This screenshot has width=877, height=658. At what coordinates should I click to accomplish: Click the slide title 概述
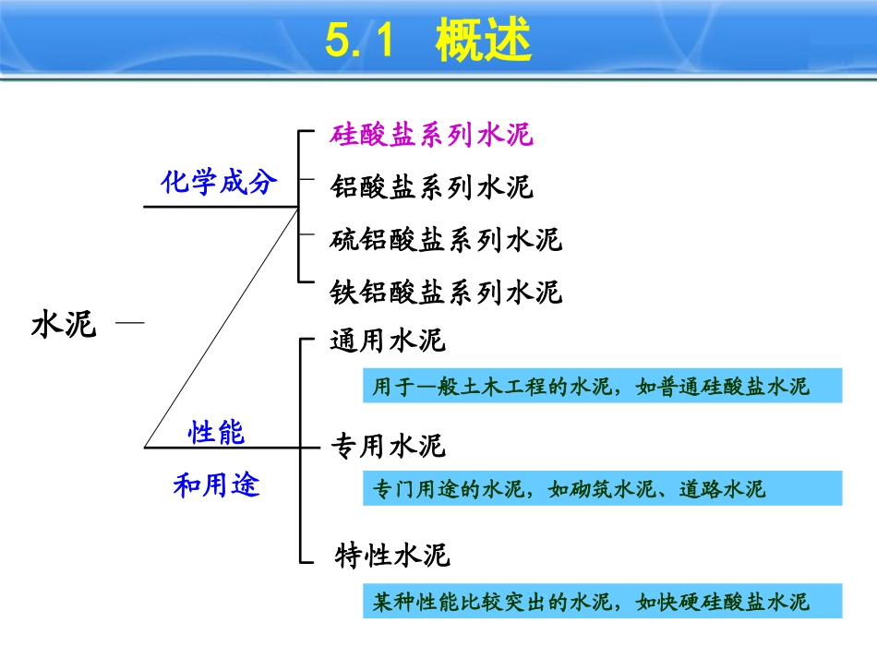click(x=484, y=42)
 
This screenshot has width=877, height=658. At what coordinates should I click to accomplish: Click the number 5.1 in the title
click(x=362, y=42)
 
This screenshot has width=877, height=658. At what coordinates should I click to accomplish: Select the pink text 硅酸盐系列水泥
click(x=432, y=136)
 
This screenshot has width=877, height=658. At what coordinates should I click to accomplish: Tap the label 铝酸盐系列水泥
click(x=432, y=187)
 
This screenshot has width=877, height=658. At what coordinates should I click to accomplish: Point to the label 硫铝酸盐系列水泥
click(x=446, y=241)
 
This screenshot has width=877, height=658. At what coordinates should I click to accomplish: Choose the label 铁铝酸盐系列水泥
click(x=446, y=293)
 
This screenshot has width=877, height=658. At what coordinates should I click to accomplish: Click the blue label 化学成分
click(x=219, y=182)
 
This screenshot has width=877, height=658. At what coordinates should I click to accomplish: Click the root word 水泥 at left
click(x=64, y=325)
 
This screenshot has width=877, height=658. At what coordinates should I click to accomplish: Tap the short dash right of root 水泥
click(x=130, y=322)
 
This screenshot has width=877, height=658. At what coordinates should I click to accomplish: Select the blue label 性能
click(x=217, y=431)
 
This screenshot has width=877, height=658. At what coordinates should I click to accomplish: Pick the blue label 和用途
click(x=217, y=484)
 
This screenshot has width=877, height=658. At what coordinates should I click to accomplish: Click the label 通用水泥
click(x=388, y=341)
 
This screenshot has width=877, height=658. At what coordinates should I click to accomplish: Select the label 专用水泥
click(x=388, y=448)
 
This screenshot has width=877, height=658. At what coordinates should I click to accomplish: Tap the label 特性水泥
click(x=391, y=556)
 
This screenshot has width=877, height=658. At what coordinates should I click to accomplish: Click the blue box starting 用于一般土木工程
click(x=602, y=386)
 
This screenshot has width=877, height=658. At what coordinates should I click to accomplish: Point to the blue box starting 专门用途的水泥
click(x=602, y=488)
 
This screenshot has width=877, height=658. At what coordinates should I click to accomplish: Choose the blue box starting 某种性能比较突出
click(x=602, y=602)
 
